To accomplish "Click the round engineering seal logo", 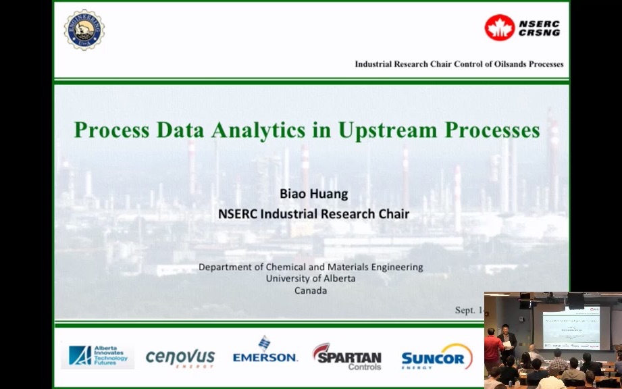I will click(84, 30).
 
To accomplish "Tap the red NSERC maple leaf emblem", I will click(500, 28).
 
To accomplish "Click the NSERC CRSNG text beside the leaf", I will click(539, 28).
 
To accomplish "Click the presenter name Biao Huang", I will click(314, 194).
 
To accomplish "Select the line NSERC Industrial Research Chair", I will click(314, 214).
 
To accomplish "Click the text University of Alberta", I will click(311, 278).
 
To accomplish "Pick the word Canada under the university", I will click(311, 290).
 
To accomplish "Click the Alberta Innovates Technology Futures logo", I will click(98, 356).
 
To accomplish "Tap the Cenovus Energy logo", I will click(180, 357).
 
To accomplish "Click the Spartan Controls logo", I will click(347, 356).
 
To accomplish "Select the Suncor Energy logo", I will click(436, 357).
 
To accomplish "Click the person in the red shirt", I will click(492, 348).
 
